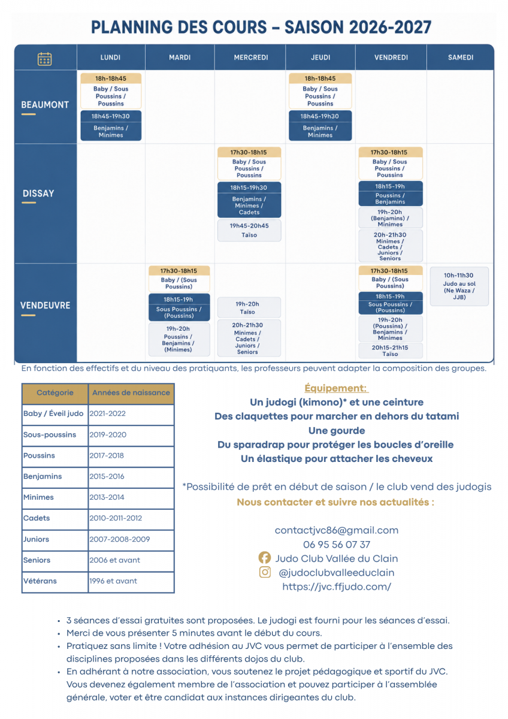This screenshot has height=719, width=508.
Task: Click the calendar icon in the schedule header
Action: point(44,59)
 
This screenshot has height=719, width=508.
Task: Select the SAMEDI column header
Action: point(461,58)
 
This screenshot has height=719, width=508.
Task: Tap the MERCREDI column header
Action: point(250,58)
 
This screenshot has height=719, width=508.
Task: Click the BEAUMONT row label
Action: point(45,105)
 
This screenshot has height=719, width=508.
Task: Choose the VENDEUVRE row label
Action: point(46,305)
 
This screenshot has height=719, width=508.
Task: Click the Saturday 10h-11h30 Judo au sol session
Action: point(459,286)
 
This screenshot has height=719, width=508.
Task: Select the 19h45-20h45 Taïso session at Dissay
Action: point(249,230)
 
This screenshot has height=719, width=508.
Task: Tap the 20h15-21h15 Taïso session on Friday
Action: point(390,351)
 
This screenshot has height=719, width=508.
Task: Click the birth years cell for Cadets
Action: point(131,518)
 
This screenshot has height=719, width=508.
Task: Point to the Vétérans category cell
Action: point(55,581)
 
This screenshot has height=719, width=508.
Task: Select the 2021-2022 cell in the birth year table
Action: point(131,413)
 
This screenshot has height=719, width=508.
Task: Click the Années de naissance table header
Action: point(131,392)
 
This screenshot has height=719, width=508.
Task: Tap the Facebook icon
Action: point(265,558)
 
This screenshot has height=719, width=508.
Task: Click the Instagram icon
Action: point(265,572)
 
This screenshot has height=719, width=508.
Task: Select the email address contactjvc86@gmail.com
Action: point(336,530)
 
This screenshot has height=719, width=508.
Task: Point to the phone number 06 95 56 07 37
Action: point(336,545)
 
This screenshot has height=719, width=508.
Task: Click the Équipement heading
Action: point(336,388)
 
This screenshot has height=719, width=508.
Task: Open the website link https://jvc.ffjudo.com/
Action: point(336,587)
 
